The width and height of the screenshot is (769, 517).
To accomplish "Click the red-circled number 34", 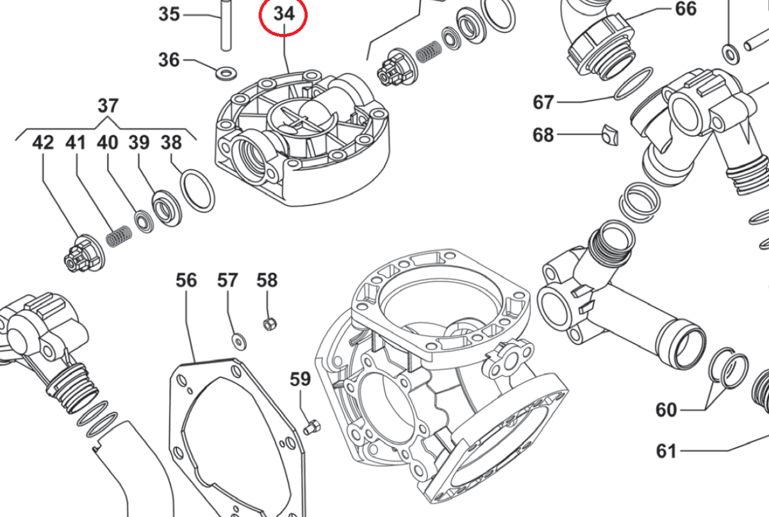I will (283, 13).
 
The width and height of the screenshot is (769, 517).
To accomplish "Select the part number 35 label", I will (169, 13).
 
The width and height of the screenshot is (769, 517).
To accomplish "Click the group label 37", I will (108, 105).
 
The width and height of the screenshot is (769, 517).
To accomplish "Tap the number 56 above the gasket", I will (186, 280).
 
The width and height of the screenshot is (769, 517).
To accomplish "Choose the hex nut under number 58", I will (269, 324).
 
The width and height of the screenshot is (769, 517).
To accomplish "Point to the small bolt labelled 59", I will (312, 426).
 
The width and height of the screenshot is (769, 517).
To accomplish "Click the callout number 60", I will (666, 410).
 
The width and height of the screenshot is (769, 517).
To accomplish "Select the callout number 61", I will (666, 452).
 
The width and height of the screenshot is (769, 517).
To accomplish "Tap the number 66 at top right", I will (685, 9).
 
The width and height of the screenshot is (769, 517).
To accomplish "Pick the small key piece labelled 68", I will (609, 135).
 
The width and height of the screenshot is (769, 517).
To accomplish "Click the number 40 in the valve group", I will (107, 143).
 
